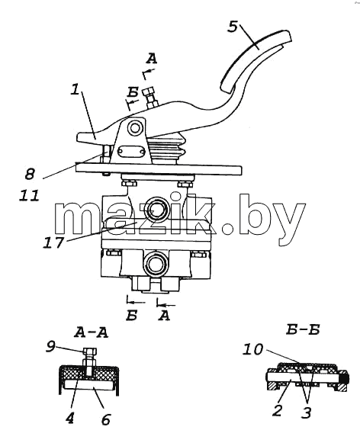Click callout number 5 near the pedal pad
pos(233,27)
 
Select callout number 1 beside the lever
pos(75,89)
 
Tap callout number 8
pos(30,174)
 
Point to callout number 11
pos(29,195)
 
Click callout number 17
pos(53,242)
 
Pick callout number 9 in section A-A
pos(50,347)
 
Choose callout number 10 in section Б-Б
pos(252,349)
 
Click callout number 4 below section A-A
pos(69,419)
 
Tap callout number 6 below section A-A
pos(106,419)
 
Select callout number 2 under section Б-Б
pos(278,410)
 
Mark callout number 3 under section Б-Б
pos(306,412)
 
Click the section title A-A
pos(91,332)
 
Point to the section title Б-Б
pos(303,330)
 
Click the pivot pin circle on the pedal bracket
pos(135,128)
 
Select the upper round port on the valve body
pos(155,210)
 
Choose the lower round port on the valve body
pos(156,264)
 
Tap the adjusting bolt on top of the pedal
pos(150,98)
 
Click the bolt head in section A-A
pos(89,351)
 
